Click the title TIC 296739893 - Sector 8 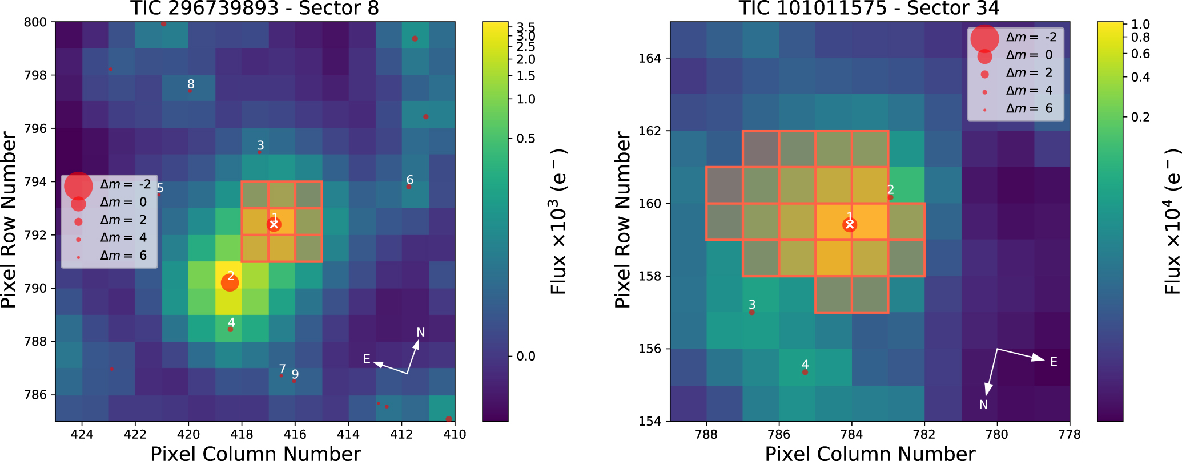(x=255, y=9)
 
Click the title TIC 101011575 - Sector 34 (x=869, y=9)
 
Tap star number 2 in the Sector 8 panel (x=230, y=282)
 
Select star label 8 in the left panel (x=191, y=84)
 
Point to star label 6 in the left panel (x=409, y=180)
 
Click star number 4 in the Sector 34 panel (x=805, y=372)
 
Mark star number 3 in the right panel (x=751, y=312)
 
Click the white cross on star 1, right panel (x=850, y=225)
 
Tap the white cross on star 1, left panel (x=274, y=224)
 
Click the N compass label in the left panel (x=421, y=333)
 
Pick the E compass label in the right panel (x=1054, y=362)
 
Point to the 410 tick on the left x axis (x=455, y=434)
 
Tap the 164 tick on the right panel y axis (x=650, y=58)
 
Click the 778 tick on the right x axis (x=1070, y=434)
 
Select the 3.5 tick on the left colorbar (x=526, y=27)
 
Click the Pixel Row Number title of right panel (x=622, y=220)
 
